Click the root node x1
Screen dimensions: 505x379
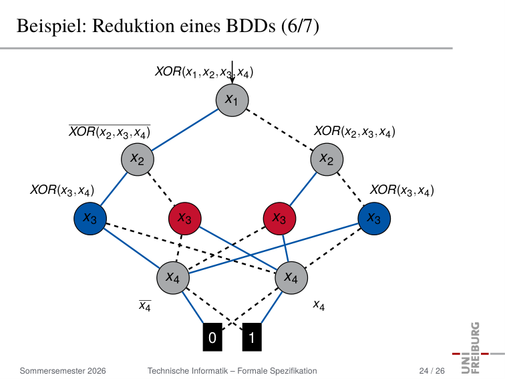[232, 100]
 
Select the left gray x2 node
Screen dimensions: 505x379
[138, 159]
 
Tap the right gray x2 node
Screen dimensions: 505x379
[327, 159]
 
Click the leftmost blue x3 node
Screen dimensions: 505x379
[90, 219]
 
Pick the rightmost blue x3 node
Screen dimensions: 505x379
[374, 219]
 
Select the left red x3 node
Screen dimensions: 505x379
[185, 219]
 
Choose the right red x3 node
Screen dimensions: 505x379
[279, 219]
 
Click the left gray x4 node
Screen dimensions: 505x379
[173, 277]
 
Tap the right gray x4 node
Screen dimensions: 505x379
[291, 277]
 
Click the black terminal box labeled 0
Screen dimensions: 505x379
[212, 337]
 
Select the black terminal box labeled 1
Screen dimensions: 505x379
[252, 337]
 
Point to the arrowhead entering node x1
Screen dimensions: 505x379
[232, 81]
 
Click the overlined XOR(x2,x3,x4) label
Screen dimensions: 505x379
[110, 132]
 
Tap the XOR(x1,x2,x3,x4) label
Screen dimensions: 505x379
[204, 72]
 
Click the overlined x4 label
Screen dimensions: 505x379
[145, 305]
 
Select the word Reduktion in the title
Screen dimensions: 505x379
[134, 26]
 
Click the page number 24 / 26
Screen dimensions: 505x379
[432, 371]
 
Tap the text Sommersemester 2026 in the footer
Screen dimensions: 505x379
[63, 371]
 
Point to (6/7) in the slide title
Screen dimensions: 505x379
[300, 26]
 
